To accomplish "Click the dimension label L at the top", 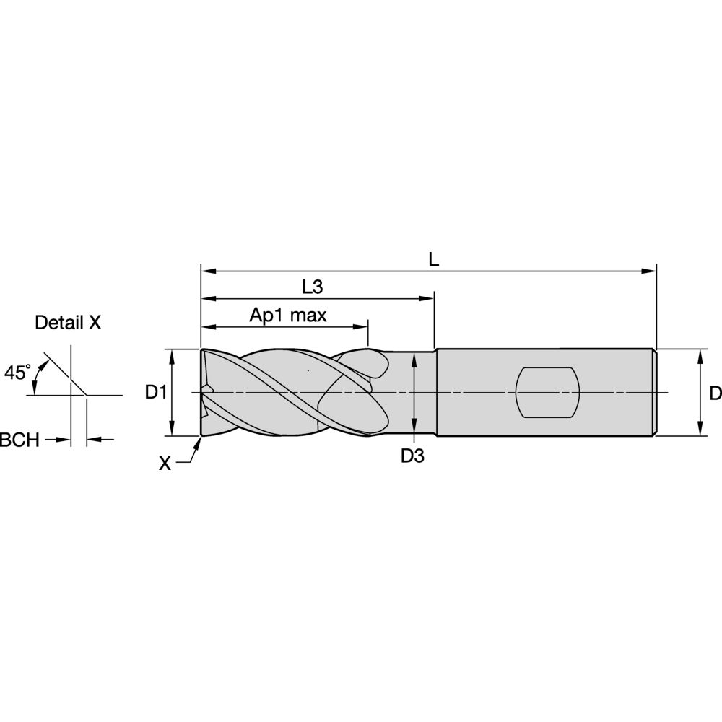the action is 434,260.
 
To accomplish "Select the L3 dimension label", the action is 312,287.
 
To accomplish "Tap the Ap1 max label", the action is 288,316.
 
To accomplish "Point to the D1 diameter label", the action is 156,392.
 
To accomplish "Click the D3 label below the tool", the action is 412,456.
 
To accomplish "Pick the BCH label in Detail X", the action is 19,440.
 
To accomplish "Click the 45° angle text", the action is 17,373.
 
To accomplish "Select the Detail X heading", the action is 68,322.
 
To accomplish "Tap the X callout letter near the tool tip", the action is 165,464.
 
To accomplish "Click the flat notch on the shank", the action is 547,392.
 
